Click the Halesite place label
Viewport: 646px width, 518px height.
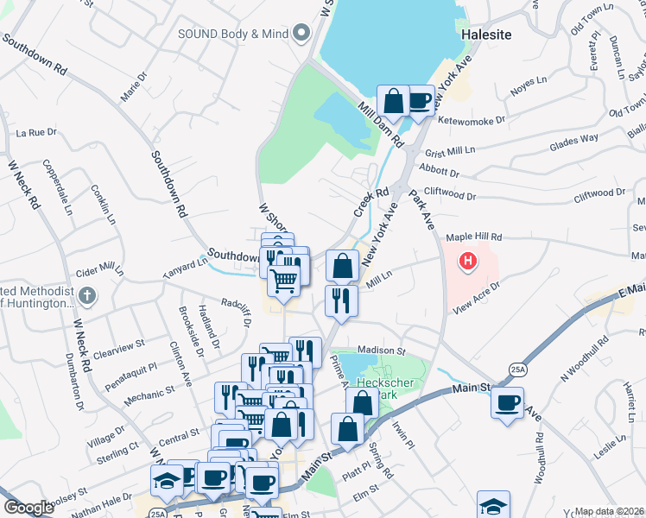click(486, 35)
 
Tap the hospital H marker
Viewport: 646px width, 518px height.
click(468, 259)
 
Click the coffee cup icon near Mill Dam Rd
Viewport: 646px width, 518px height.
click(420, 100)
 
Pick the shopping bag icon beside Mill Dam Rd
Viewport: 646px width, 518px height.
click(393, 100)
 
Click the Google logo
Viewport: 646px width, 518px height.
click(28, 507)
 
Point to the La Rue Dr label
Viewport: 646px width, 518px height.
click(36, 133)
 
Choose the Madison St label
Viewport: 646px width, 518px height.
click(381, 351)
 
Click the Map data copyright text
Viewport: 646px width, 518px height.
click(610, 511)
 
